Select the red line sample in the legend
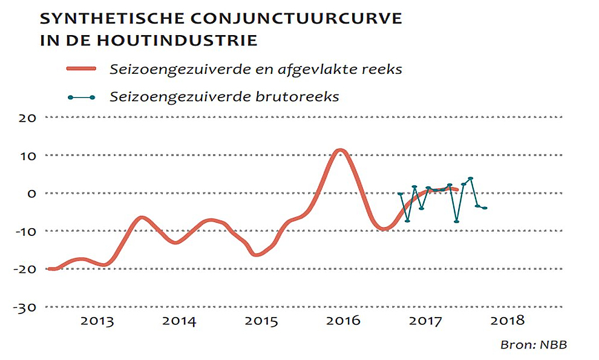[x=81, y=69]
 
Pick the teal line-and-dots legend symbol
[x=81, y=97]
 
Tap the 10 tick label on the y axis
[x=29, y=155]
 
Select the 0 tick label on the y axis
[x=32, y=194]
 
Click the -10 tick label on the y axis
[x=27, y=231]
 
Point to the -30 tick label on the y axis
[x=26, y=307]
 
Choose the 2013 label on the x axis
[x=97, y=321]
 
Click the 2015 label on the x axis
[x=261, y=321]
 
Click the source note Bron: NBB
[x=533, y=345]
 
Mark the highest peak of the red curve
[x=340, y=151]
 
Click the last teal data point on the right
[x=485, y=208]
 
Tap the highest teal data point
[x=471, y=178]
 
